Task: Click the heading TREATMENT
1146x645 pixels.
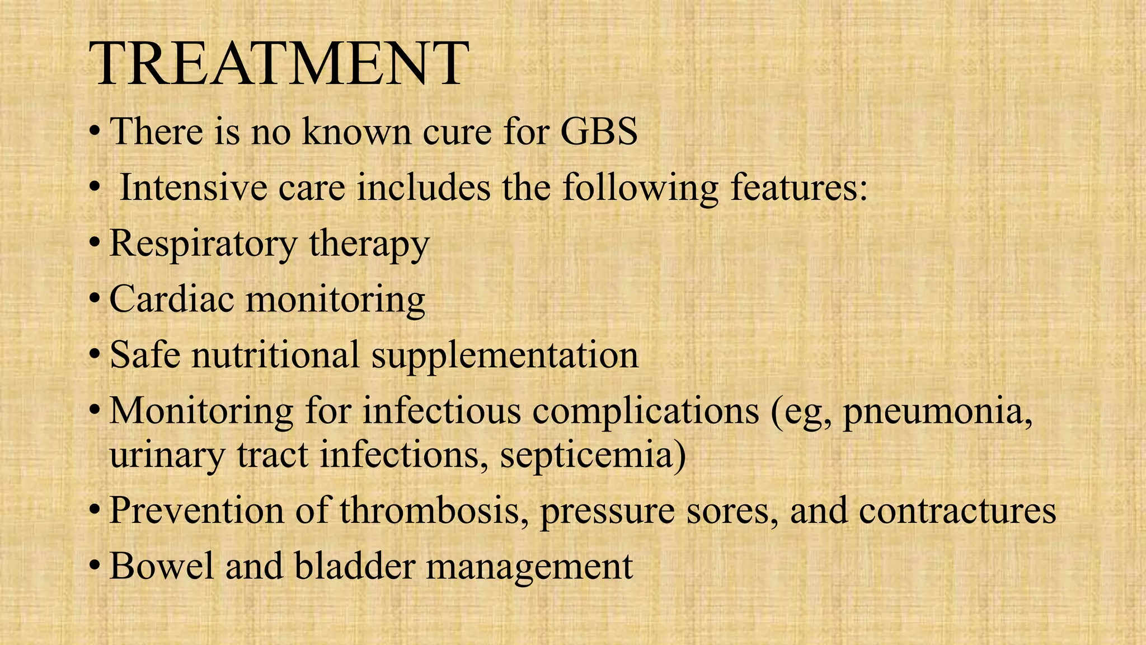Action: [278, 64]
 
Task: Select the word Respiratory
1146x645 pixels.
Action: [203, 244]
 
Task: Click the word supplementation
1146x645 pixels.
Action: [505, 356]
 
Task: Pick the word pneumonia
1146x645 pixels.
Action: [937, 412]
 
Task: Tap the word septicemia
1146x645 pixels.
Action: [593, 455]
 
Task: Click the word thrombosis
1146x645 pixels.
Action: [434, 511]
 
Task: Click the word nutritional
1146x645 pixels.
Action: [275, 355]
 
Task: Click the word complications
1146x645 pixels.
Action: [646, 413]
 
